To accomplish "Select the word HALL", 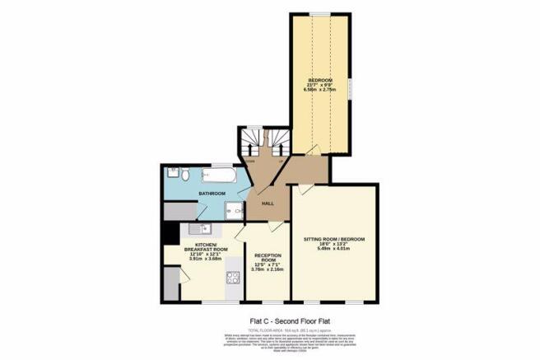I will pos(268,203).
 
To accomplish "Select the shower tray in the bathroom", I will pos(236,210).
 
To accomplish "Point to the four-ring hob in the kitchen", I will pos(232,278).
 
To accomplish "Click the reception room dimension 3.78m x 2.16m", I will pos(268,269).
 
